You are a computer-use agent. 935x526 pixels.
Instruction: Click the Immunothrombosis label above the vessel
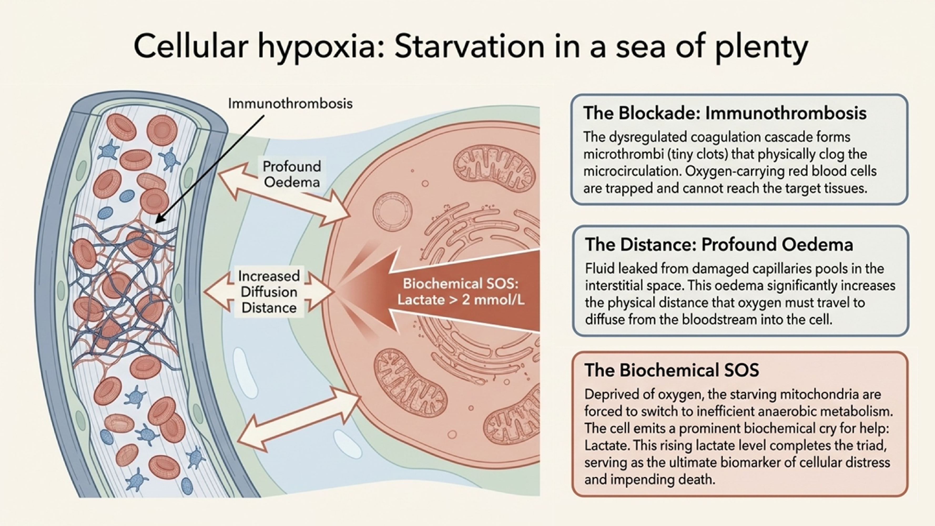pos(290,103)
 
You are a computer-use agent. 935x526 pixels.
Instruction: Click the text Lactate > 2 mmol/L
pos(461,300)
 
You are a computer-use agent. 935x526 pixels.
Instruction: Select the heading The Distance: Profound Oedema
pos(719,244)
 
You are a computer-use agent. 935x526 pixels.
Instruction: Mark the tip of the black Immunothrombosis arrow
pos(156,222)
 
